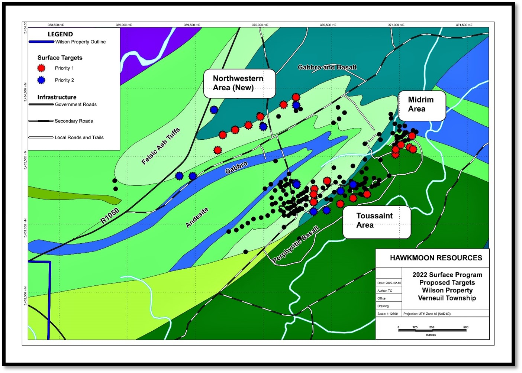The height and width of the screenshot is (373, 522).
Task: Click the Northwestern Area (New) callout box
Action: (x=239, y=83)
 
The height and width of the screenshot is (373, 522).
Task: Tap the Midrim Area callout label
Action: (x=422, y=105)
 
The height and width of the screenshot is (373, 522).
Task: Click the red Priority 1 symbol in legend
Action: (x=41, y=68)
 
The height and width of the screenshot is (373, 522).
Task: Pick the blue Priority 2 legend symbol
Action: (x=41, y=80)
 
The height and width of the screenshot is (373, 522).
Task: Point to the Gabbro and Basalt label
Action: (x=327, y=67)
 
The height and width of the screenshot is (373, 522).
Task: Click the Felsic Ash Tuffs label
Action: (x=161, y=146)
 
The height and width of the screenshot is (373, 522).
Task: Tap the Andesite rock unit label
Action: (x=197, y=217)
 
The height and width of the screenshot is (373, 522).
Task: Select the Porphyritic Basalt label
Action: (x=296, y=244)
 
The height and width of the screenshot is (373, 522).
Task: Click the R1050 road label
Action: (x=110, y=216)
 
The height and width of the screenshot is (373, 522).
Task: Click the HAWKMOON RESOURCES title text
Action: (x=436, y=258)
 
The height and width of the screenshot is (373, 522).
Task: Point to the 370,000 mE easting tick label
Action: (x=260, y=25)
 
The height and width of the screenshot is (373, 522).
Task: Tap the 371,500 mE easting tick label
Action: (x=464, y=25)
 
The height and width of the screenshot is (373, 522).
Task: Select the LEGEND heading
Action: (x=60, y=34)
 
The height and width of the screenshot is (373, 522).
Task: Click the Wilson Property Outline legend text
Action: (x=80, y=42)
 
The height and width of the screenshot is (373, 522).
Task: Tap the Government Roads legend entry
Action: (x=75, y=104)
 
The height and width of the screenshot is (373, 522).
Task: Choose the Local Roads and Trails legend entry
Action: (x=79, y=137)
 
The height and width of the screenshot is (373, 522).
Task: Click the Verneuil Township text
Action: (x=447, y=298)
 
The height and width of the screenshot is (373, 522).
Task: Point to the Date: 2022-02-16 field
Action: (x=389, y=283)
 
